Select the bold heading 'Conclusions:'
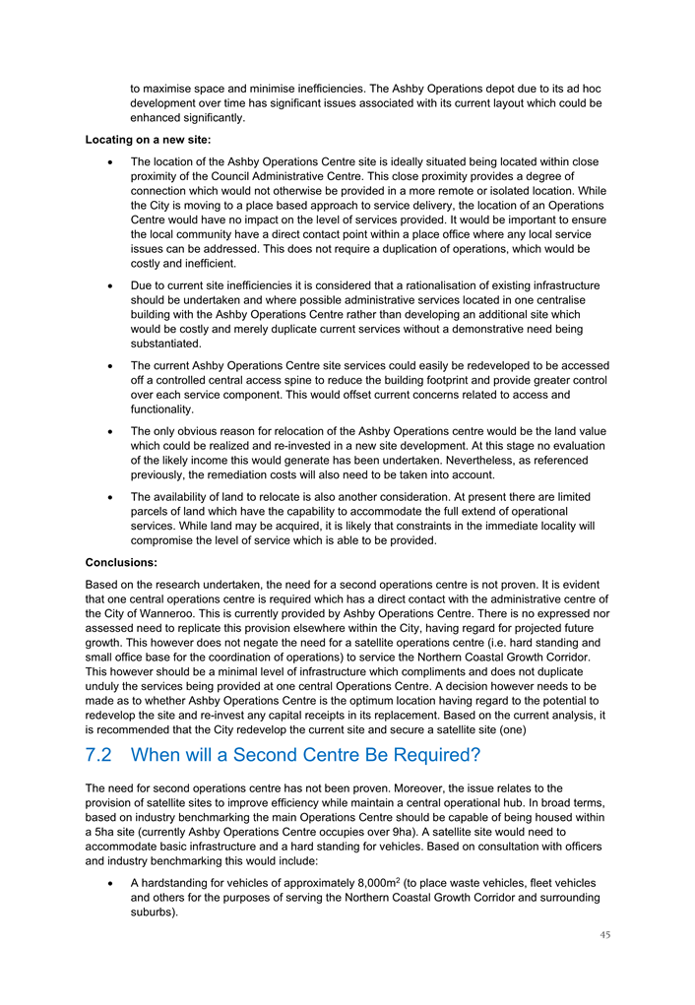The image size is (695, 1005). [121, 563]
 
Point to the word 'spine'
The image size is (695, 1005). [312, 380]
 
